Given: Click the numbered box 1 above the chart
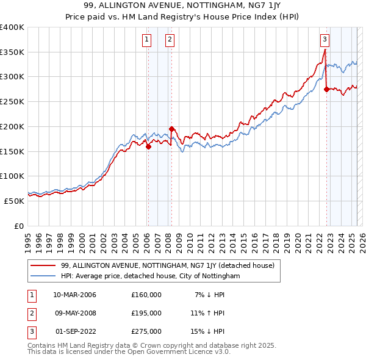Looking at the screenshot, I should pos(147,40).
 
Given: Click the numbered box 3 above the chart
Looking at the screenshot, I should pos(325,40).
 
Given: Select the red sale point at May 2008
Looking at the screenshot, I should pos(172,129).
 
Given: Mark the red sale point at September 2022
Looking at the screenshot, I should pos(326,89).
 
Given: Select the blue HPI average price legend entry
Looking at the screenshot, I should pos(151,276).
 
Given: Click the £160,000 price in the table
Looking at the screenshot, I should pos(146,295).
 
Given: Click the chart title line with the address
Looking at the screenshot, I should pos(183,6).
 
